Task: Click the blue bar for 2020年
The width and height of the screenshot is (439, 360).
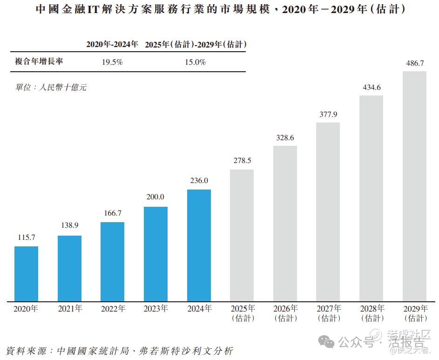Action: [26, 274]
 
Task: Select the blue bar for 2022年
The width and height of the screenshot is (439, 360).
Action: [113, 262]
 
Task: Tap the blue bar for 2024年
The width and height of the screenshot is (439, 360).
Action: [199, 245]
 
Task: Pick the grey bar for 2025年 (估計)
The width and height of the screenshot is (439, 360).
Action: [242, 235]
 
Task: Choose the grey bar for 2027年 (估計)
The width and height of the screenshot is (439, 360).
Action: [328, 212]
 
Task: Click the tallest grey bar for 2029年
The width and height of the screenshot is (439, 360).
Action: [414, 186]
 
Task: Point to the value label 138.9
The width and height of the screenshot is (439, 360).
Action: [69, 225]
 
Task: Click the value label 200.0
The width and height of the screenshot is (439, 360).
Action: [155, 197]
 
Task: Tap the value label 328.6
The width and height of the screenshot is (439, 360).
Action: [285, 138]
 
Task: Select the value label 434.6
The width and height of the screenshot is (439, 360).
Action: [371, 87]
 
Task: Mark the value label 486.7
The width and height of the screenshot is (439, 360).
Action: [414, 63]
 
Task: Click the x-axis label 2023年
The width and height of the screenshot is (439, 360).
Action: [156, 309]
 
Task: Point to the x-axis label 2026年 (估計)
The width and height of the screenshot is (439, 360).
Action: [285, 313]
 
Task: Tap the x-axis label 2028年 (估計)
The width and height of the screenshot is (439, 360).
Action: [372, 313]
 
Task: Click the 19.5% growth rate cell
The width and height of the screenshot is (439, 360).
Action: [112, 62]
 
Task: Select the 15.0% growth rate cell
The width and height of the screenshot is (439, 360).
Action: [196, 62]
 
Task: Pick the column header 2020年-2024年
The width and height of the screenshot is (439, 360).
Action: [112, 44]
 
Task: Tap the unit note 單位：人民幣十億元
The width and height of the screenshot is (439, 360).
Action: [51, 87]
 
